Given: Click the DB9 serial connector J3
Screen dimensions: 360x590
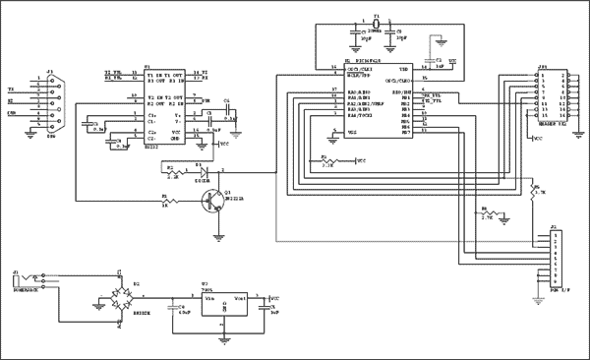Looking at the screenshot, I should (52, 99).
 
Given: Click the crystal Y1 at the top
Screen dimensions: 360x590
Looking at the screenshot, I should (376, 26).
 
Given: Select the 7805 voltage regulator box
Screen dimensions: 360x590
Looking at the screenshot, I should (225, 306).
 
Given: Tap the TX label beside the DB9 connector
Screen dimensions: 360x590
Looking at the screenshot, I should (11, 88).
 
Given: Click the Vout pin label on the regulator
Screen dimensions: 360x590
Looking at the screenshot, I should (241, 296).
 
